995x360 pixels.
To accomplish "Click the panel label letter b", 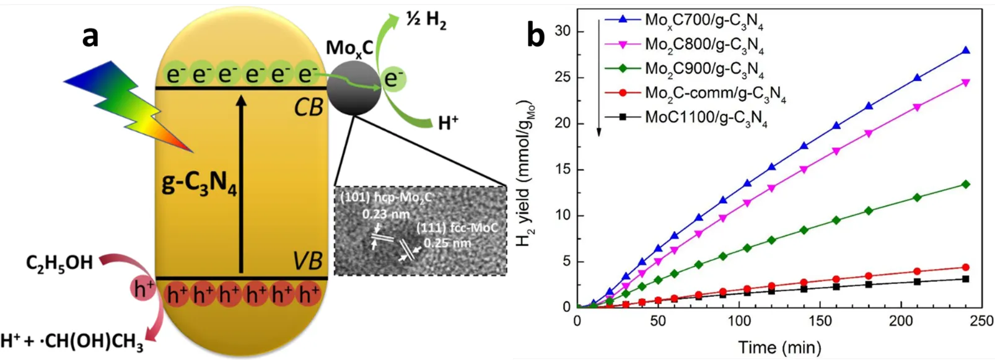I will (536, 35).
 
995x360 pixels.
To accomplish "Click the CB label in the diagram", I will (308, 107).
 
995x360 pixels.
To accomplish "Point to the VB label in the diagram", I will (307, 261).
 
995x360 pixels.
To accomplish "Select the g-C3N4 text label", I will (199, 184).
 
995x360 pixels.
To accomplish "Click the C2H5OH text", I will (59, 263).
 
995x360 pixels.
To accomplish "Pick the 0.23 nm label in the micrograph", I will (385, 214).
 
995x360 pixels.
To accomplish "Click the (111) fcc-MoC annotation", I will (457, 227).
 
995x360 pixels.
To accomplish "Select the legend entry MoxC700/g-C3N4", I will (704, 20).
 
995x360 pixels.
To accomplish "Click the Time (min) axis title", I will (779, 347).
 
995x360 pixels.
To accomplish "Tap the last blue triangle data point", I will (965, 51).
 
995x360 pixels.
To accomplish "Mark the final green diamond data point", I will (965, 184).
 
